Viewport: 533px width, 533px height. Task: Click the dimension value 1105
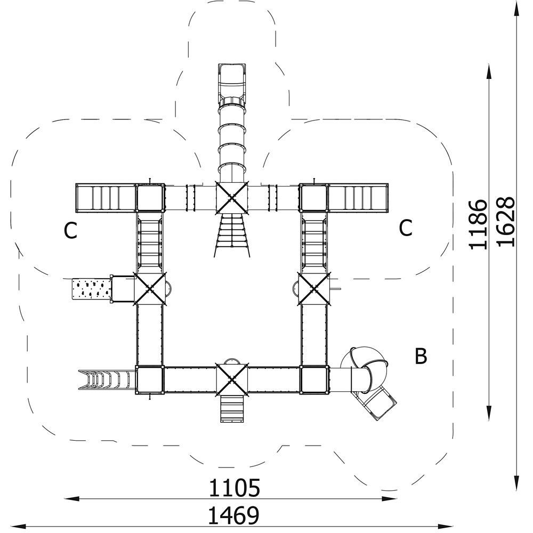click(x=234, y=488)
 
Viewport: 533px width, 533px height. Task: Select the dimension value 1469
click(x=233, y=515)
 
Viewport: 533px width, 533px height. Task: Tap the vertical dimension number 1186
click(x=478, y=225)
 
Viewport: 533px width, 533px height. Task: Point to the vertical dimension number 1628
click(x=505, y=222)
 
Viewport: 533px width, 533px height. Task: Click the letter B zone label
click(x=421, y=356)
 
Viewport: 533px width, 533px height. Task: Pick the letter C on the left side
click(x=70, y=230)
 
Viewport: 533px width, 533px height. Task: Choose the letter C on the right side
click(x=406, y=228)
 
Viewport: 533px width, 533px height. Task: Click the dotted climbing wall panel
click(x=92, y=288)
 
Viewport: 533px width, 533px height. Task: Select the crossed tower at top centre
click(x=232, y=198)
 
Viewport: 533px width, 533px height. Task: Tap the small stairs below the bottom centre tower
click(x=232, y=409)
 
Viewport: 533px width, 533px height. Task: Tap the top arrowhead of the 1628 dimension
click(x=516, y=8)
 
